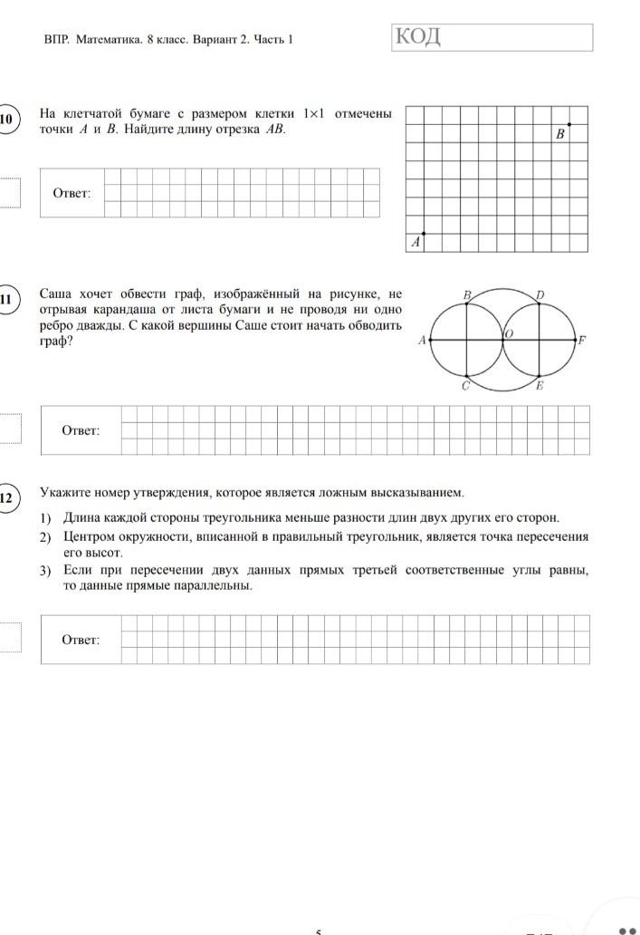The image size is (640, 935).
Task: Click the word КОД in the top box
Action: point(417,37)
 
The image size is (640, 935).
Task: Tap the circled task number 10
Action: point(7,121)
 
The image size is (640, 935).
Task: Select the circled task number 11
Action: point(7,301)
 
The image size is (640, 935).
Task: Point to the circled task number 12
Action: point(7,497)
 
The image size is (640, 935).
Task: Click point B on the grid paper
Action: point(569,123)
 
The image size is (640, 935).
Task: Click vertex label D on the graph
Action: point(540,294)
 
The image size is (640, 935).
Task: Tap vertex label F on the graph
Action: point(582,341)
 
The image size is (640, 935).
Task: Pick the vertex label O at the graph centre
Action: point(509,334)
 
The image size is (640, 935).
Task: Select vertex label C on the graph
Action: point(464,386)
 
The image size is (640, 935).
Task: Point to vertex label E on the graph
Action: point(540,387)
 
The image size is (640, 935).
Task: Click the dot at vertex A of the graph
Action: point(430,340)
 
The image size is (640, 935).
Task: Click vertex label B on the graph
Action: point(467,294)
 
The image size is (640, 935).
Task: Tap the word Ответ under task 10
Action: point(72,193)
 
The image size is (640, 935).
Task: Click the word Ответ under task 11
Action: point(81,429)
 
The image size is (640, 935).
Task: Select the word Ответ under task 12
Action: point(81,640)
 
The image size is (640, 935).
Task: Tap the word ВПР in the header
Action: point(56,40)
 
